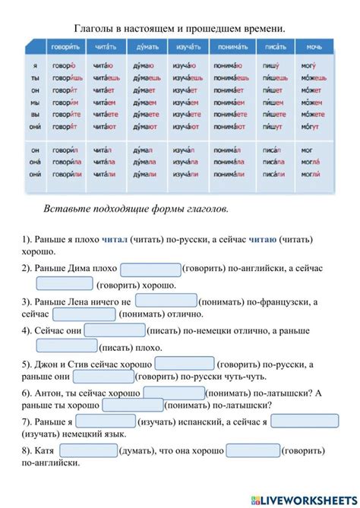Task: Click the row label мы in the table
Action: point(36,102)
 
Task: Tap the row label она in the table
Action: point(36,162)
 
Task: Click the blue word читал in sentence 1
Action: point(114,239)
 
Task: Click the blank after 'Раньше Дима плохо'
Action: point(150,269)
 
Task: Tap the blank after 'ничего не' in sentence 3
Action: point(166,301)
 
